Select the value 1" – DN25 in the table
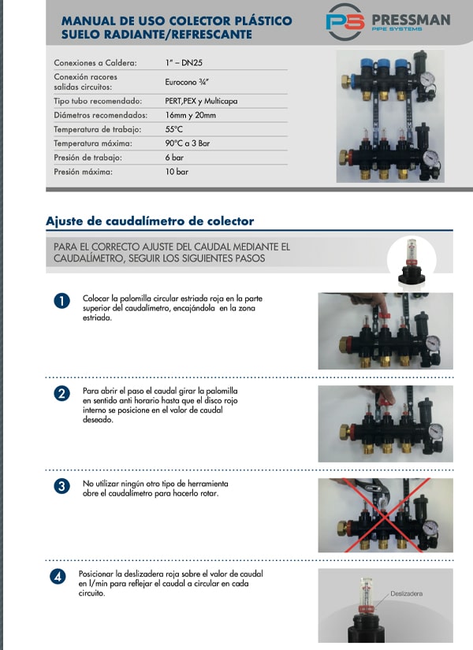[184, 62]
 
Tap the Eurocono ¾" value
[187, 81]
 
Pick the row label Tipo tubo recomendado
[98, 101]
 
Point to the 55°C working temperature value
[174, 128]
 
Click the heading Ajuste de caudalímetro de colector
[150, 221]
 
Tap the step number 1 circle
[62, 301]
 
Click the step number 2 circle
[62, 393]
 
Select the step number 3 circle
[62, 485]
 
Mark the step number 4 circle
[58, 577]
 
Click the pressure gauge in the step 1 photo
[432, 344]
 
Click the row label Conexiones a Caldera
[95, 62]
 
